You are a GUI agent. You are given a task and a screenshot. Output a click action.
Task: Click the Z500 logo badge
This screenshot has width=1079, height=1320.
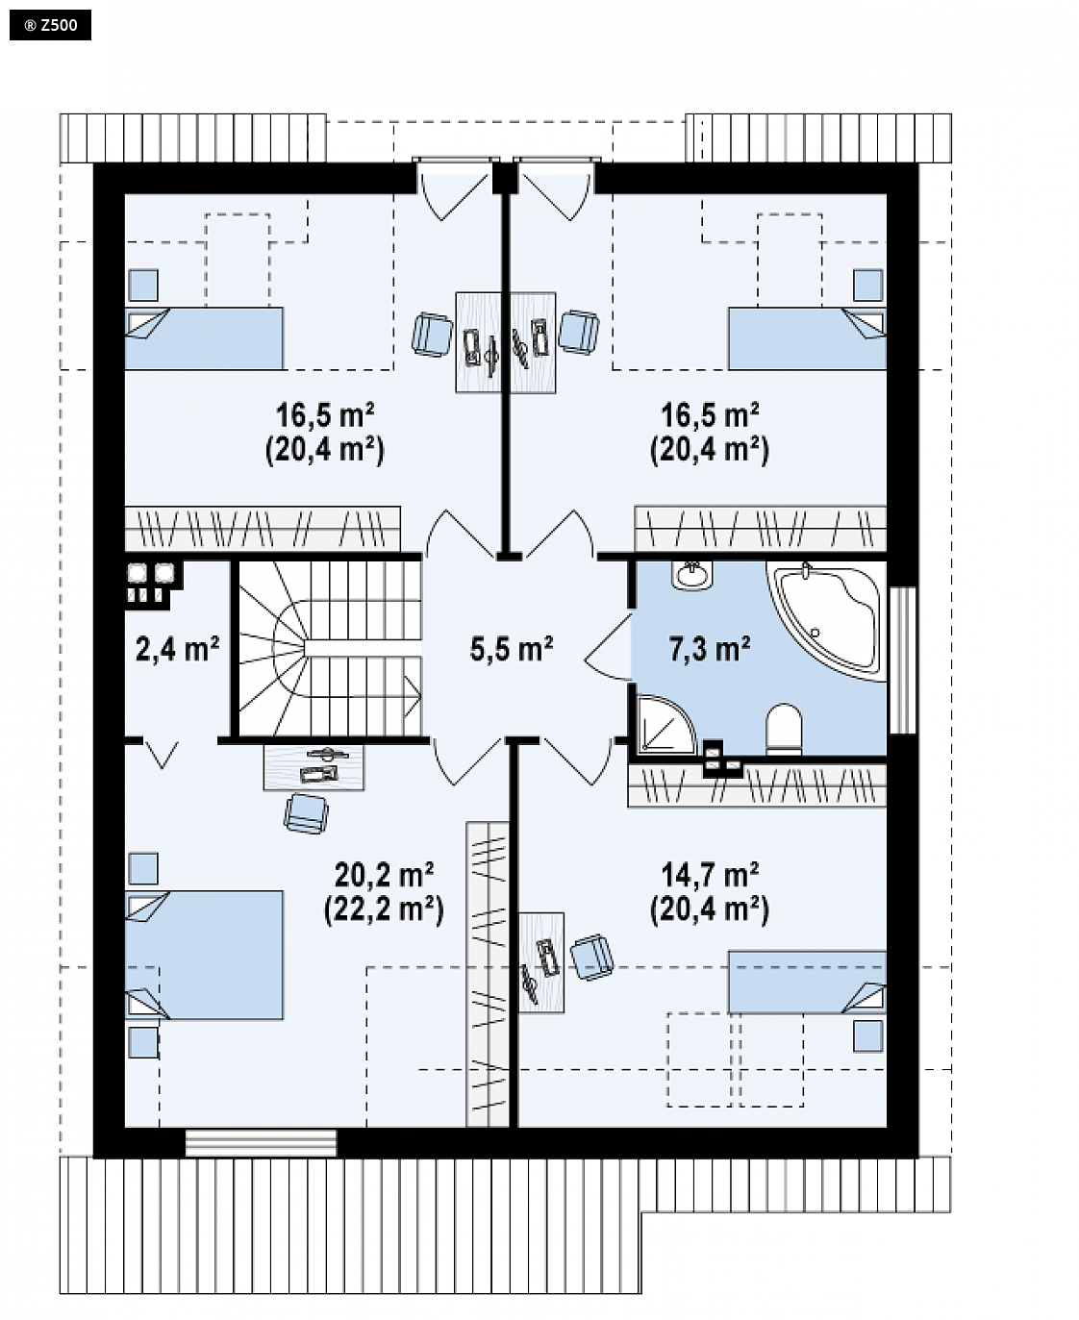50,25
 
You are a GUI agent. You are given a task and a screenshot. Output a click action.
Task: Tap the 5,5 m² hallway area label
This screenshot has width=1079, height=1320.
511,649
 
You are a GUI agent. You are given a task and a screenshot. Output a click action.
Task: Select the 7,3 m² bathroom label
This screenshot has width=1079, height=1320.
710,649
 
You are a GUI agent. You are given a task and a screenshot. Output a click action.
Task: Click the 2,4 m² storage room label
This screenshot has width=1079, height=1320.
177,649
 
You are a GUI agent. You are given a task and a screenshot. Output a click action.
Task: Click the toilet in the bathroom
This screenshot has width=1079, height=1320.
784,729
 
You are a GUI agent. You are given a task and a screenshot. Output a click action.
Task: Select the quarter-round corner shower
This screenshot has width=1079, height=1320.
665,726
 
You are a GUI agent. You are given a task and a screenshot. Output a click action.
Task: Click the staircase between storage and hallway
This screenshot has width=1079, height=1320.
330,648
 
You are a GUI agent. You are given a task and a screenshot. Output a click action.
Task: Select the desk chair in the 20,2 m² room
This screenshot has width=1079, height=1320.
306,813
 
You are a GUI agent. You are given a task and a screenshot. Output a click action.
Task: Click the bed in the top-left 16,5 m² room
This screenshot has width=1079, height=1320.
204,338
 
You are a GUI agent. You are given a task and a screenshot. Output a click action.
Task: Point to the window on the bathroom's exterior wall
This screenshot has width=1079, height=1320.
902,660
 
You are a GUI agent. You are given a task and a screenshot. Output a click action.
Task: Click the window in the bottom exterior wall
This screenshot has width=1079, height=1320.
262,1143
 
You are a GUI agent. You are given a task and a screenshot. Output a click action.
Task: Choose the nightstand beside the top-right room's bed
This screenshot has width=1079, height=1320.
868,285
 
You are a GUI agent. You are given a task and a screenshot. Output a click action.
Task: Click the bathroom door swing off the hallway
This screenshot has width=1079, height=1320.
608,647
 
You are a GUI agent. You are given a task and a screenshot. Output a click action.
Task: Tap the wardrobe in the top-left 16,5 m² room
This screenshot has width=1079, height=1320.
263,529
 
